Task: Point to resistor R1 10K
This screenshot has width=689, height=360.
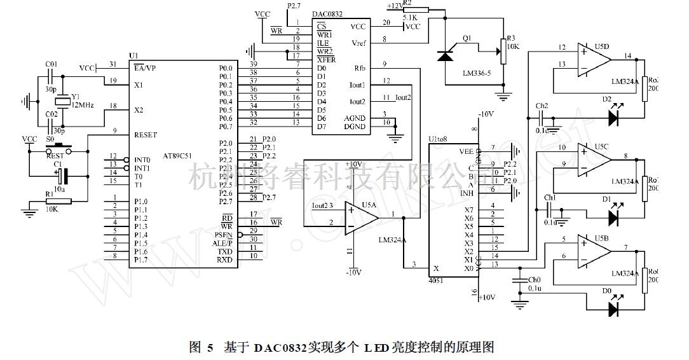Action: [58, 202]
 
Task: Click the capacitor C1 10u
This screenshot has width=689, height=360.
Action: [61, 176]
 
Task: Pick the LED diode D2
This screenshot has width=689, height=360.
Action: [613, 118]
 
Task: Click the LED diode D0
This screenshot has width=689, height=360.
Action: [613, 309]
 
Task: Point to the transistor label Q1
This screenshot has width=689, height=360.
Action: [467, 38]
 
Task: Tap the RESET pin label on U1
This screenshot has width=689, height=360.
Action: [145, 135]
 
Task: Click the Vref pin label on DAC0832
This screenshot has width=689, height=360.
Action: [358, 43]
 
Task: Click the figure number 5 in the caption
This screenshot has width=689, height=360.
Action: [210, 347]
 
